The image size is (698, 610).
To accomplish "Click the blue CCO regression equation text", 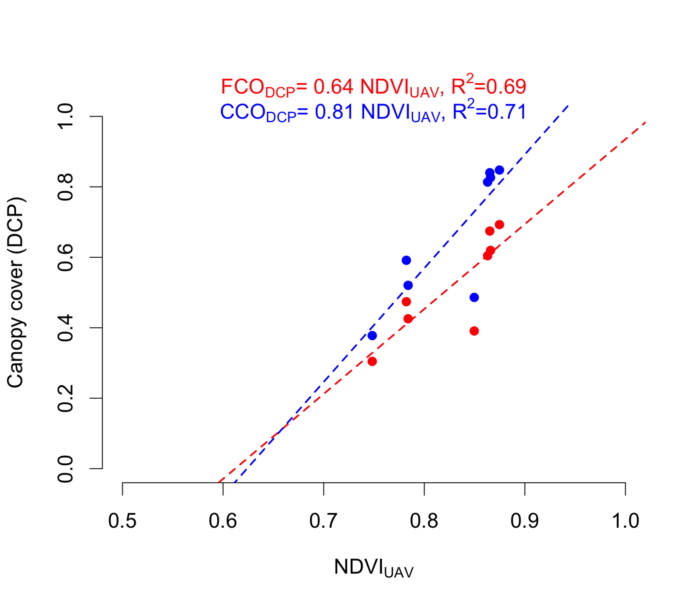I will [373, 112].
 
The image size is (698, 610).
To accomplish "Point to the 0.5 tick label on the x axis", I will [122, 521].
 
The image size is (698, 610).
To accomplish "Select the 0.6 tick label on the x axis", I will [223, 521].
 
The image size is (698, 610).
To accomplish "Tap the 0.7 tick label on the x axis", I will [323, 521].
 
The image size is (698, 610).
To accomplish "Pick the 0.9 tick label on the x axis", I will [525, 521].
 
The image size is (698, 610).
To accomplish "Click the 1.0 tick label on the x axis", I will [625, 521].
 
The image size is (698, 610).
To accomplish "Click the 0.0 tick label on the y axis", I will [66, 469].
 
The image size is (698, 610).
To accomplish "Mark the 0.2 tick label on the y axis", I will [66, 398].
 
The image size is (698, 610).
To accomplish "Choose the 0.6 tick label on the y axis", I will [66, 257].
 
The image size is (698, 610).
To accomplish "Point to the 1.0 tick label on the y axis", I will [66, 116].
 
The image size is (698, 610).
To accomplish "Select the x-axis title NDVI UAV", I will [373, 568].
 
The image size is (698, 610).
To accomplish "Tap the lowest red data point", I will [372, 362].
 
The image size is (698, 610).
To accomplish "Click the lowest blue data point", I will [372, 336].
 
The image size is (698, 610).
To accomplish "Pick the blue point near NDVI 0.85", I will [474, 297].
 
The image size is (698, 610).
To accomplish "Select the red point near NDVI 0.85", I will [474, 331].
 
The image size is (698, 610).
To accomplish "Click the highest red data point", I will [499, 224].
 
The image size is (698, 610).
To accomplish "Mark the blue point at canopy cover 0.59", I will [406, 260].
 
